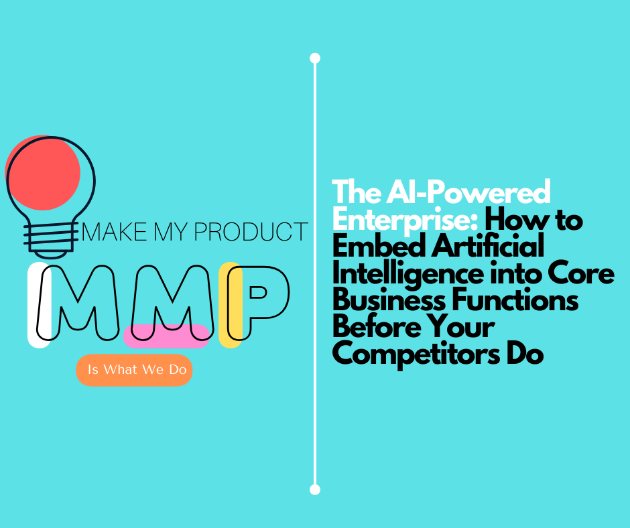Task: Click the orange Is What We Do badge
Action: (134, 370)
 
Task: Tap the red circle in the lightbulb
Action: (43, 172)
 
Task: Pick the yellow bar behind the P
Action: (230, 305)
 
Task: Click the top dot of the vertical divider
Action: (315, 58)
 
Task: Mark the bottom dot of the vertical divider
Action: (315, 489)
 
